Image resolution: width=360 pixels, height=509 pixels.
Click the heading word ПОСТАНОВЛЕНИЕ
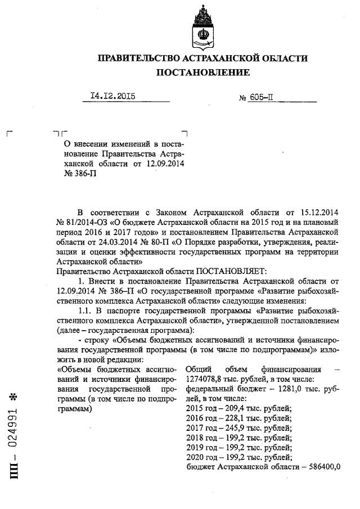tap(202, 73)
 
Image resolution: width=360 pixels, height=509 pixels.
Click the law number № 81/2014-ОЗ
tap(83, 222)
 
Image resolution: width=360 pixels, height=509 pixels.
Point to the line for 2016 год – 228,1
tap(238, 417)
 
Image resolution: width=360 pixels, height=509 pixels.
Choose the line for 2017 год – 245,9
tap(238, 427)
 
